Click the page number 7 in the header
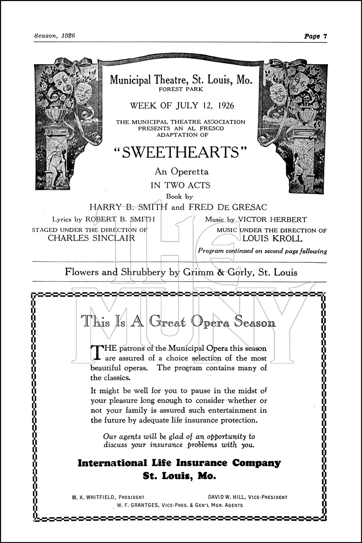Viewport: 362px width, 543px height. click(325, 36)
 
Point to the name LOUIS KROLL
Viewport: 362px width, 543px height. click(272, 239)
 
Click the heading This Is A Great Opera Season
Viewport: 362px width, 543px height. click(178, 322)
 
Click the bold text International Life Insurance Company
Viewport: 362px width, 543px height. click(179, 463)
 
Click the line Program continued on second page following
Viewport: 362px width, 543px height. click(262, 251)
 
